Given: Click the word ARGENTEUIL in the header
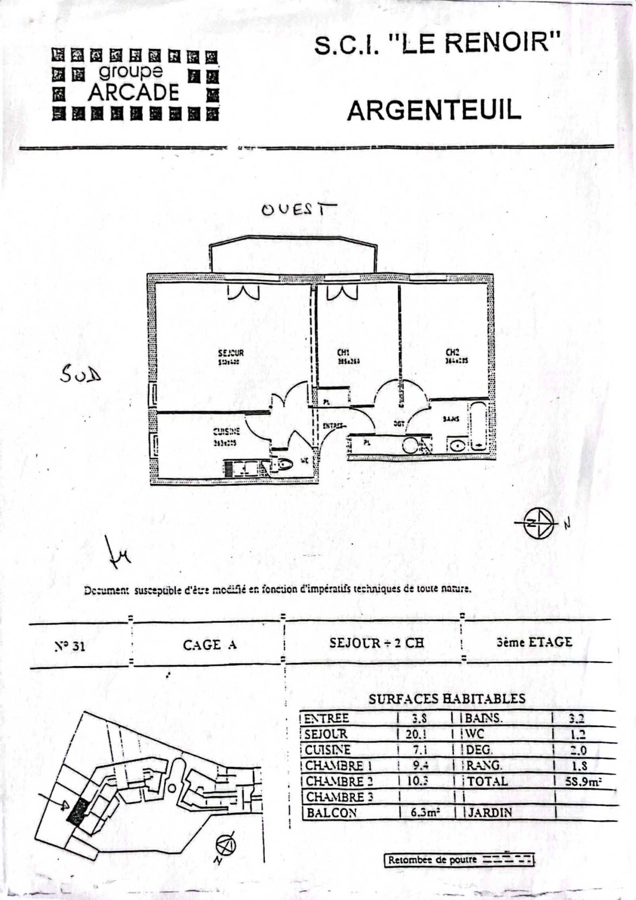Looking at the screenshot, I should point(434,110).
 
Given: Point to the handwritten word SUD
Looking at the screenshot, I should point(81,375).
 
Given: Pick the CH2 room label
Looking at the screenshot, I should point(452,352).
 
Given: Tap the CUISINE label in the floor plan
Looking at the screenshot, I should point(226,432).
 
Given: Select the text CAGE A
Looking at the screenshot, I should point(209,645).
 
